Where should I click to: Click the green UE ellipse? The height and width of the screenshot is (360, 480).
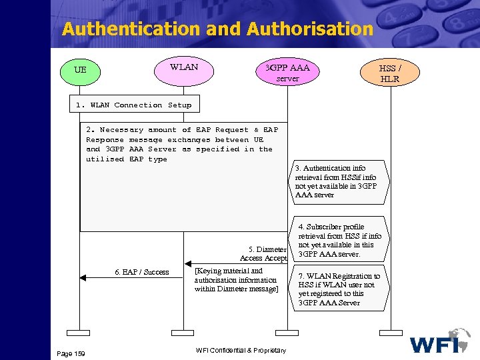click(x=80, y=70)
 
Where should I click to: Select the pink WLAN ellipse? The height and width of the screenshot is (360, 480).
click(x=183, y=69)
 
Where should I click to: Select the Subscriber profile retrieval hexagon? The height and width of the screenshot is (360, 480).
click(x=339, y=240)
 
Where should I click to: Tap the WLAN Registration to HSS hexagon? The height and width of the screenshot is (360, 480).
click(x=339, y=289)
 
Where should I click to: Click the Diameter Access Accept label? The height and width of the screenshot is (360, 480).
click(x=263, y=254)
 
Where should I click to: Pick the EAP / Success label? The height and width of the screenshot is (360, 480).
click(x=141, y=272)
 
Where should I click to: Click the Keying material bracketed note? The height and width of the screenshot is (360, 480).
click(x=236, y=280)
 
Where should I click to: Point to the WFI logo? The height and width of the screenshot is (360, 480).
click(x=441, y=341)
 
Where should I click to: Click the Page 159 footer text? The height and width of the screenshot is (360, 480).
click(x=71, y=353)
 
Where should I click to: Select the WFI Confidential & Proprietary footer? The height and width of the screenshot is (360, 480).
click(x=241, y=351)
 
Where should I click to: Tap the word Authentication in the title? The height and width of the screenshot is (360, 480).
click(x=131, y=29)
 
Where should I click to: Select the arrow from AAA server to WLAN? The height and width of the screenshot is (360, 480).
click(x=233, y=263)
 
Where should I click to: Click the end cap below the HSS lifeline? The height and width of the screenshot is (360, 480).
click(x=391, y=331)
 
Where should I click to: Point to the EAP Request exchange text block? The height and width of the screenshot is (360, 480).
click(x=179, y=145)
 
